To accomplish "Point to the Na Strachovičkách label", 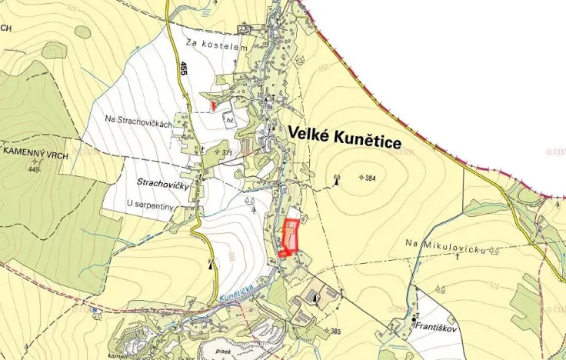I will tap(138, 118).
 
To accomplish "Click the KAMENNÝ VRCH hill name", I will tap(36, 156).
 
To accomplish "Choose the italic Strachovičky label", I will tap(163, 184).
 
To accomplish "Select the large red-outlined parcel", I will tap(289, 236).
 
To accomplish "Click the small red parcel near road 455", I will tap(213, 105).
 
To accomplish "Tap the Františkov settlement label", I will tap(438, 326).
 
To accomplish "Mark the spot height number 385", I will tap(335, 332).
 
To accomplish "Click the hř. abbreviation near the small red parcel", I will tap(229, 121).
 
